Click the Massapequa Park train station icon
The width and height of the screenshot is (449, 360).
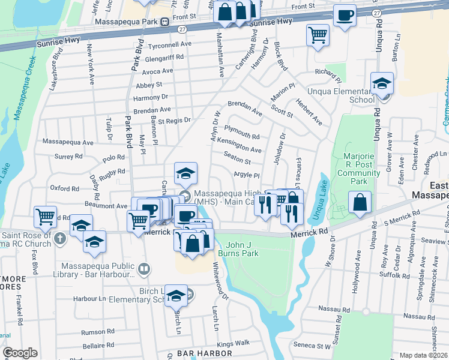[164, 22]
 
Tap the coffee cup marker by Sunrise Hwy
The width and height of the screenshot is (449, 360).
[345, 16]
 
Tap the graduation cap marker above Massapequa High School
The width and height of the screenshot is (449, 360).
[186, 173]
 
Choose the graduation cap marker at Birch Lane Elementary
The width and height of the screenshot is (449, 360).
[175, 295]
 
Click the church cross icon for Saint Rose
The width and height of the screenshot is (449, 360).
[59, 238]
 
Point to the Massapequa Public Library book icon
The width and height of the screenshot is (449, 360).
[143, 269]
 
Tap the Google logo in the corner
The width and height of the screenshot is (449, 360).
[20, 353]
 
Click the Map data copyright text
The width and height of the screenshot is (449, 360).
[423, 355]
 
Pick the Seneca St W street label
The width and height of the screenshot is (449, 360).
[312, 345]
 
